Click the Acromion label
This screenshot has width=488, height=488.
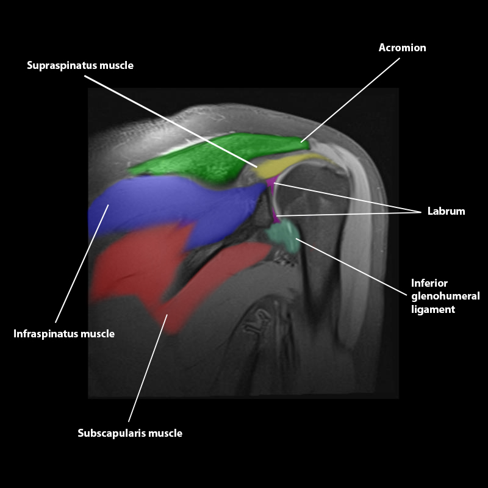[402, 48]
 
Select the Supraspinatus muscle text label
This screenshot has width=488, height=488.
[80, 65]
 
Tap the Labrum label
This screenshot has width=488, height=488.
[446, 212]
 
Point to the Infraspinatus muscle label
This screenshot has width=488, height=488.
[64, 334]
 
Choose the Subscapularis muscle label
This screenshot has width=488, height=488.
[130, 434]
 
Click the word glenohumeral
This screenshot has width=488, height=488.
[445, 296]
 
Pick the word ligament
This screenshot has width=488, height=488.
[433, 309]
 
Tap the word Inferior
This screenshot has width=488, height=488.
[429, 284]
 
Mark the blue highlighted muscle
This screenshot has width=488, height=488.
[171, 204]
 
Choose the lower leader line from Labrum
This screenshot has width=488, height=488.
[348, 213]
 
